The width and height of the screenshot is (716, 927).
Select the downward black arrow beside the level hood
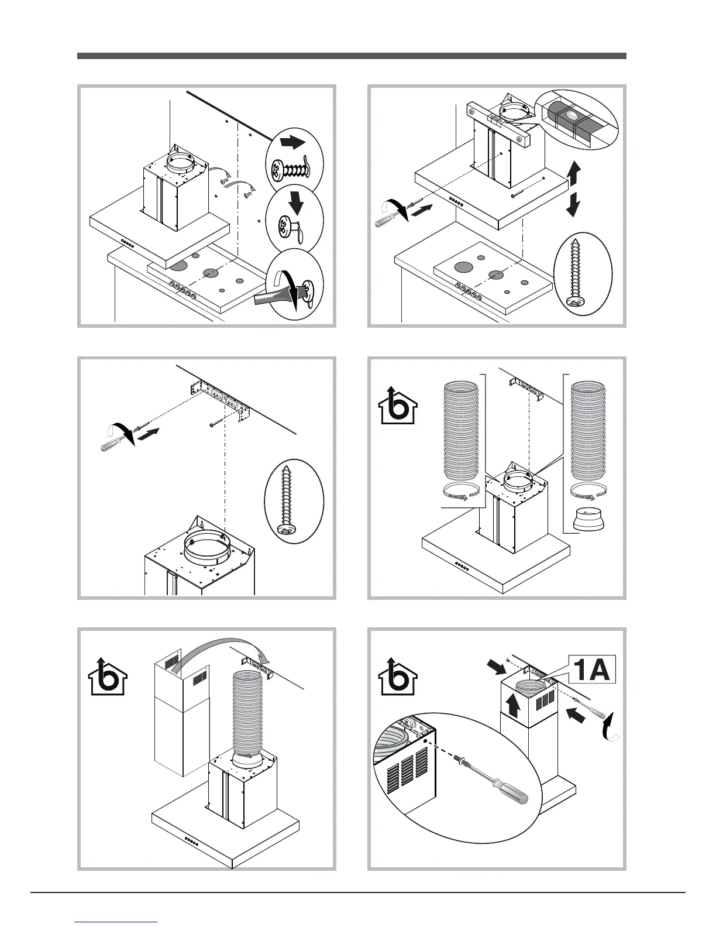click(x=574, y=204)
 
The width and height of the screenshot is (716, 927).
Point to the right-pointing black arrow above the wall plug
click(x=292, y=142)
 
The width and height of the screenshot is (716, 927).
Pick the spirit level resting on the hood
click(x=498, y=121)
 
